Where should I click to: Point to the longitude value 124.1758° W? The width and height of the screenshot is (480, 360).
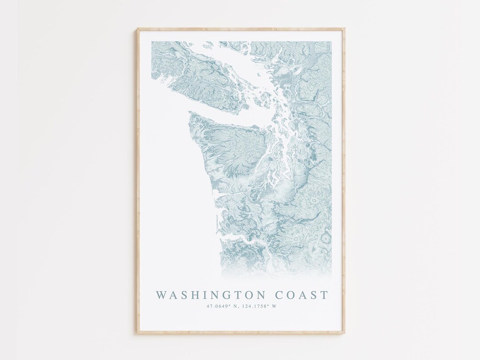tap(262, 306)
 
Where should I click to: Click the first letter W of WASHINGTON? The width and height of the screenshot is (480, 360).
tap(161, 295)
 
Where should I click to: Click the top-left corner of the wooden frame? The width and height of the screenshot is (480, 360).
tap(137, 29)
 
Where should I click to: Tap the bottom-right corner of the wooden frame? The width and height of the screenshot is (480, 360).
tap(344, 332)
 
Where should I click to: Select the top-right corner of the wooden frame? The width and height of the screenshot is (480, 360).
tap(344, 29)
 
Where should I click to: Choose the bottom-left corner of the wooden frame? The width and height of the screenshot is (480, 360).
tap(137, 332)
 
